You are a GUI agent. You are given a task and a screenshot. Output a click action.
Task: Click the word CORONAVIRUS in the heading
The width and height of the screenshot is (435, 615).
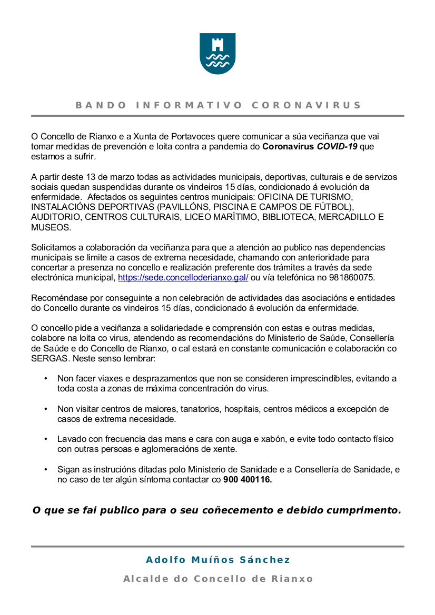(307, 105)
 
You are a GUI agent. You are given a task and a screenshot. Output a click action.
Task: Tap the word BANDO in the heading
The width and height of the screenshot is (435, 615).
(101, 105)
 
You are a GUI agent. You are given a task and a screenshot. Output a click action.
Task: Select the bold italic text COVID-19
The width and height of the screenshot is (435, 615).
(337, 146)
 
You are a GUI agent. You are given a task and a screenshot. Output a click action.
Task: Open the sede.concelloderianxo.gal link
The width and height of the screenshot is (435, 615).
(183, 277)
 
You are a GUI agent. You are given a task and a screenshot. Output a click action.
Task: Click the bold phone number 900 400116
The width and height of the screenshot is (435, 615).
(248, 479)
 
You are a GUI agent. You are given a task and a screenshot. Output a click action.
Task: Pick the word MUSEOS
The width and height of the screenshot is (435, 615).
(50, 227)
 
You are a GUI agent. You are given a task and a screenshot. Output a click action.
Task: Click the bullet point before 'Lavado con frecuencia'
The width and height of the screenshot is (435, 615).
(46, 439)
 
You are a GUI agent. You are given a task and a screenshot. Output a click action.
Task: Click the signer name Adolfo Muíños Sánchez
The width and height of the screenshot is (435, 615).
(217, 560)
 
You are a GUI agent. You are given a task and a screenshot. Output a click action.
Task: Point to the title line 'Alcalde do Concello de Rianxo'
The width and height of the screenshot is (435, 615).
(217, 579)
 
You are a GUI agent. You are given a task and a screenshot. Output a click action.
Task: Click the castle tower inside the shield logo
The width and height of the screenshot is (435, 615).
(217, 45)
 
